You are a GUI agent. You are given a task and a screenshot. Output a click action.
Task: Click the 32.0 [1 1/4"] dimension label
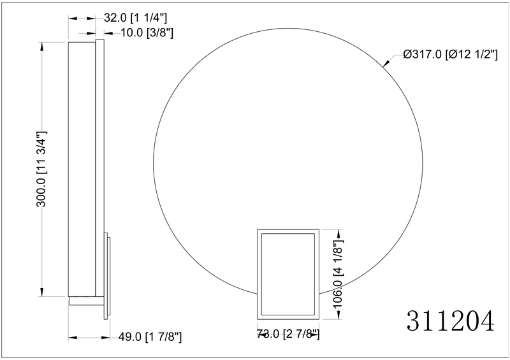coord(135,18)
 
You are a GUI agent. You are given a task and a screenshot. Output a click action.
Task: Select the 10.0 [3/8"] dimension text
coord(147,32)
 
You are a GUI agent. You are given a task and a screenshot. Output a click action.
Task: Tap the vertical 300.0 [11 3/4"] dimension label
coord(41,169)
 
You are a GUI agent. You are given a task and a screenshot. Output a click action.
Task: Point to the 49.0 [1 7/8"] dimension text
coord(150,337)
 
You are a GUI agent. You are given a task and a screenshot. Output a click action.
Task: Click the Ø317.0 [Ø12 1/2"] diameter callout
coord(450,54)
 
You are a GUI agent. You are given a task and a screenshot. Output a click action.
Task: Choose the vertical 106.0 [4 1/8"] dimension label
coord(339,273)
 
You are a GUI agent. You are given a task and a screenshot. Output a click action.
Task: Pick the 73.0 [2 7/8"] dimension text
coord(288,334)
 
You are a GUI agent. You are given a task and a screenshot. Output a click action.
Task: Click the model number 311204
coord(451,320)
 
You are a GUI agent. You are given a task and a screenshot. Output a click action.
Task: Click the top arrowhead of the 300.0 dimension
coord(41,46)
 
